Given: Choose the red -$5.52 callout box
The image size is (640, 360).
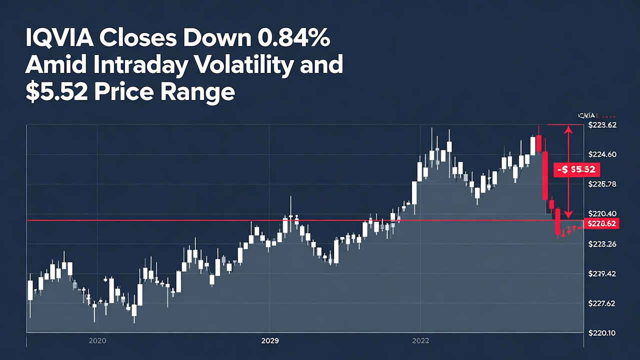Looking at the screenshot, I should click(x=576, y=170).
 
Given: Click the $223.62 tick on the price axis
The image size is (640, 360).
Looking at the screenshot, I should click(x=602, y=125).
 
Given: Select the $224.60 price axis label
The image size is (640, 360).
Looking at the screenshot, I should click(x=602, y=154).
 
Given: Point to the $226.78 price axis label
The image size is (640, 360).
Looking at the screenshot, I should click(x=602, y=184).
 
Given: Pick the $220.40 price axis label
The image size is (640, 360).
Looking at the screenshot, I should click(x=602, y=213).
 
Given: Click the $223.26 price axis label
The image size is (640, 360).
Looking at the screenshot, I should click(x=602, y=244).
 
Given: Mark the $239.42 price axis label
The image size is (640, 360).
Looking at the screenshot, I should click(x=602, y=273).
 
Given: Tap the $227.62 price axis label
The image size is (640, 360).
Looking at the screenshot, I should click(x=602, y=303).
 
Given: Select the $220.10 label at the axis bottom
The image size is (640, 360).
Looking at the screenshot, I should click(x=602, y=333).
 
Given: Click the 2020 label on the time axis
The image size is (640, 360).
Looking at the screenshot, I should click(x=97, y=341).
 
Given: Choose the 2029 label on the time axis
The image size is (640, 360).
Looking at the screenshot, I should click(x=270, y=341).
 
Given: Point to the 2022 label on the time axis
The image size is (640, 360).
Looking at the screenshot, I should click(x=420, y=341).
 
